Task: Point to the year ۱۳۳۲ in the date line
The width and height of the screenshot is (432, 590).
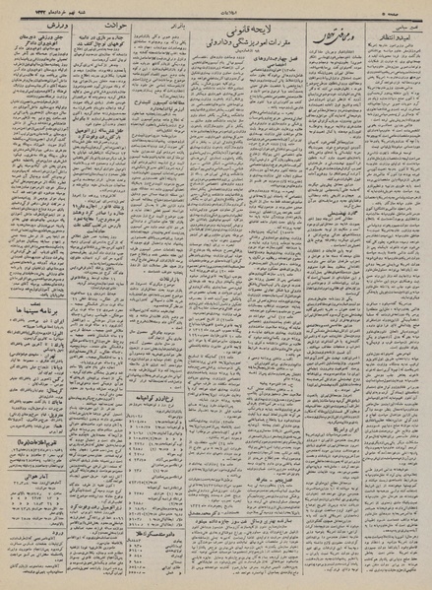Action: click(19, 8)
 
